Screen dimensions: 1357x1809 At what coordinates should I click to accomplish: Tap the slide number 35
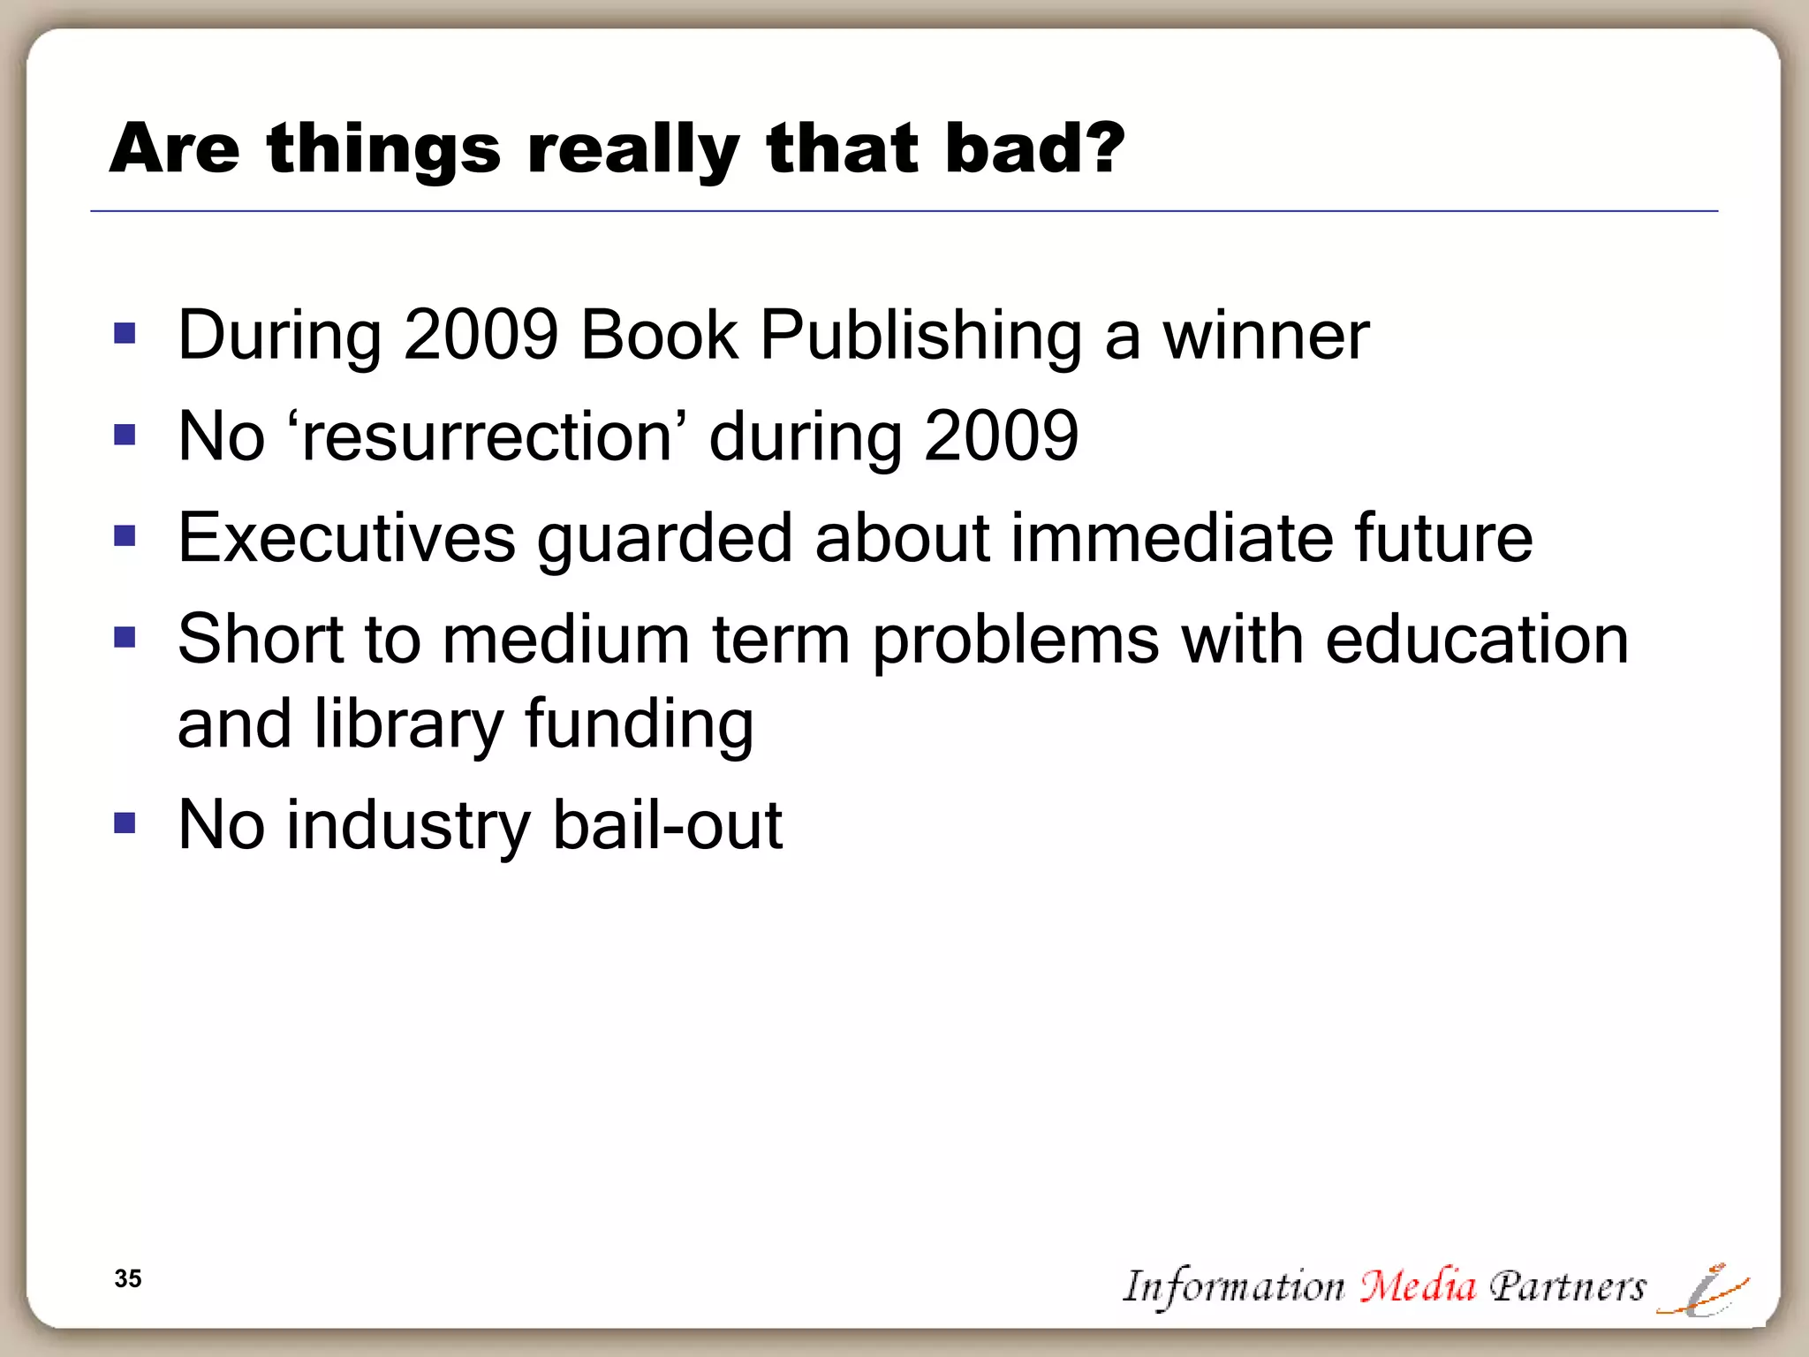coord(128,1278)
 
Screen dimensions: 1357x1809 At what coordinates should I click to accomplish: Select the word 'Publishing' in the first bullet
coord(920,337)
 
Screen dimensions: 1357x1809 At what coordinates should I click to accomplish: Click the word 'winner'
coord(1265,337)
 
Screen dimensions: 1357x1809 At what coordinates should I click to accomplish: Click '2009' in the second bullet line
coord(1001,436)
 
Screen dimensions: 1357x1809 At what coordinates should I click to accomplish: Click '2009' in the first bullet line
coord(481,337)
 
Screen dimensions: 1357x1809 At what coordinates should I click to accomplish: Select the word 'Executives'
coord(346,538)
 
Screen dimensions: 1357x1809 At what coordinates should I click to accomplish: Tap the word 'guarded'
coord(664,540)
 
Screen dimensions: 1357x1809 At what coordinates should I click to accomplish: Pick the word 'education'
coord(1476,640)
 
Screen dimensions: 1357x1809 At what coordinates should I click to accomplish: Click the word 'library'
coord(408,725)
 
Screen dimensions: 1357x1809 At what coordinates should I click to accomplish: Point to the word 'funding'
coord(640,725)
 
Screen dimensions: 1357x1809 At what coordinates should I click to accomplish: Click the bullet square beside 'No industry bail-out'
coord(125,824)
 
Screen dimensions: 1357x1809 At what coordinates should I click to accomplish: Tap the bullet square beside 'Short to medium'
coord(125,637)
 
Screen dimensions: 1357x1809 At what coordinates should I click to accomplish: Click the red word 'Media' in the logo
coord(1417,1286)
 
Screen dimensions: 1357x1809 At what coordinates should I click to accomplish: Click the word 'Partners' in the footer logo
coord(1567,1286)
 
